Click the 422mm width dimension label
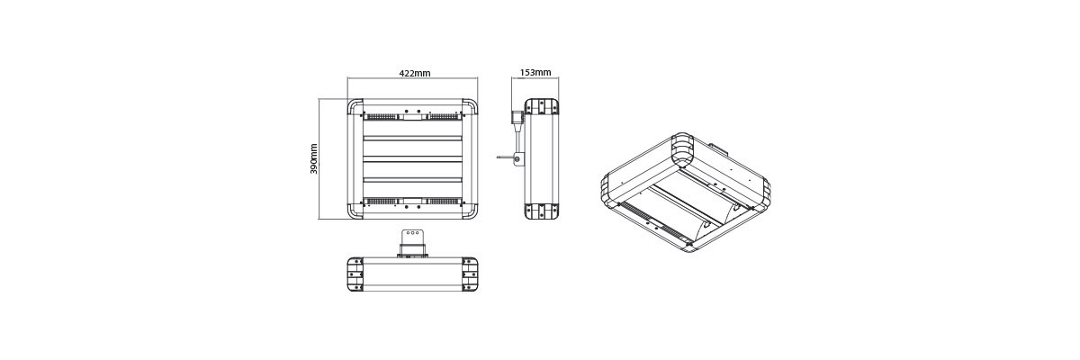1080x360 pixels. [x=414, y=73]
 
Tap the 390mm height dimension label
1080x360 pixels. [x=313, y=159]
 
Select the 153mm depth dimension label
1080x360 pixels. [x=535, y=73]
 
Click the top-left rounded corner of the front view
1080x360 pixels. [x=355, y=107]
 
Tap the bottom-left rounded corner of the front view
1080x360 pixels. [x=355, y=212]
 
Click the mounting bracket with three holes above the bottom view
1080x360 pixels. [x=413, y=241]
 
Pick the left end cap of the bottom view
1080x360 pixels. [x=356, y=274]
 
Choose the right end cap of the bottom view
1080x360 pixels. [x=470, y=274]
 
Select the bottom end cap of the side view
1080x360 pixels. [x=544, y=211]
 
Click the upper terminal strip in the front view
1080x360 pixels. [x=413, y=115]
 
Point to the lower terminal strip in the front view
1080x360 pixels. [x=413, y=202]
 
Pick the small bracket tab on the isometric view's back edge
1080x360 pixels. [x=719, y=144]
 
